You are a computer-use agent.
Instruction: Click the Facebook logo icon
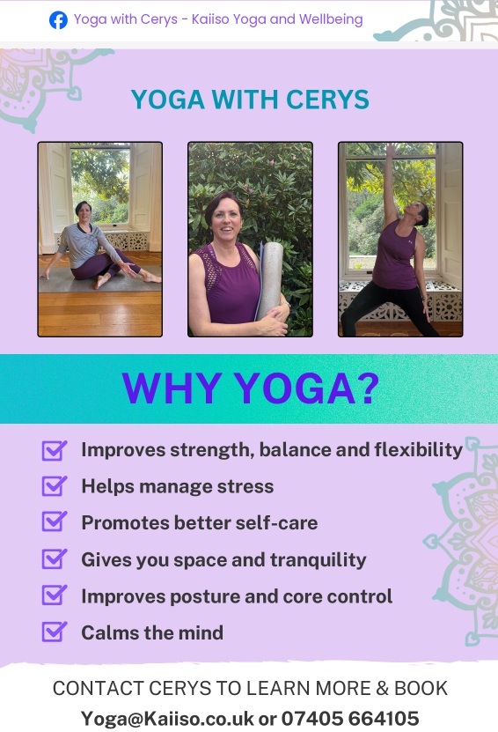(x=58, y=19)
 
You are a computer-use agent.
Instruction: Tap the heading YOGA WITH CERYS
(x=250, y=100)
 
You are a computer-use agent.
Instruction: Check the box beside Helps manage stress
(x=55, y=486)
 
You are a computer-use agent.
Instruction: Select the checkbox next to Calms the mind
(x=55, y=632)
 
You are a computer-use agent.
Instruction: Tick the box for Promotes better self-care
(x=55, y=522)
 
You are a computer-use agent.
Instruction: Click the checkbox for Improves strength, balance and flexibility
(x=55, y=450)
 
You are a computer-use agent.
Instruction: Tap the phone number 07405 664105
(x=350, y=718)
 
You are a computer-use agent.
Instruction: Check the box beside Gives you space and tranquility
(x=55, y=559)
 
